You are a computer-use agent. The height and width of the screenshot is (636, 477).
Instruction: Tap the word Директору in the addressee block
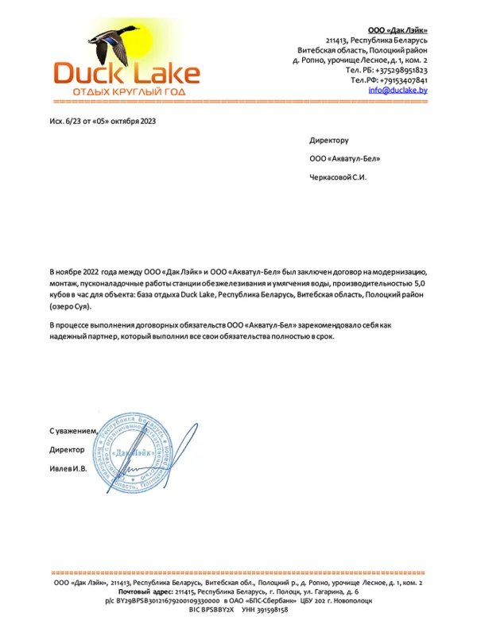[329, 140]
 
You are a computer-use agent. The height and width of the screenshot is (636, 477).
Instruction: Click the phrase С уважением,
[73, 430]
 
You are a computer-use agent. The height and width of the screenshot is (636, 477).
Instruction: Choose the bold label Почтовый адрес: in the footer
[145, 592]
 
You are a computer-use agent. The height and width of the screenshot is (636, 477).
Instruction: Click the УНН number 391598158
[271, 610]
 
